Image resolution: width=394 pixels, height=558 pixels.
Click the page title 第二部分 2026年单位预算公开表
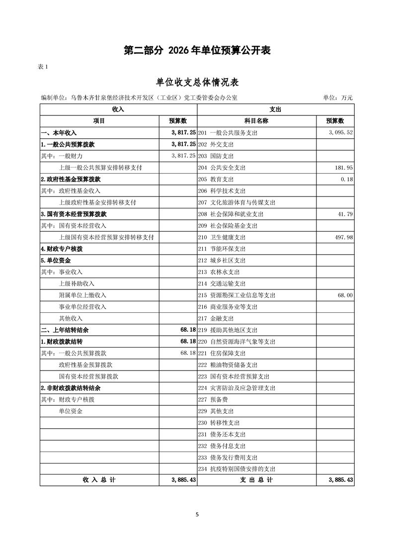[197, 50]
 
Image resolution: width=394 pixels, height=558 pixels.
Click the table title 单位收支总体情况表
[197, 82]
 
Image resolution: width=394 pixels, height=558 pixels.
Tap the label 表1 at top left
[43, 67]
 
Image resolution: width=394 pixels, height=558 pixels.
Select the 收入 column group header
[118, 109]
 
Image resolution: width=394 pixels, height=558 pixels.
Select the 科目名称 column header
[256, 121]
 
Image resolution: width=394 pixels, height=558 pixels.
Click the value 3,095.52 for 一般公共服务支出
[341, 133]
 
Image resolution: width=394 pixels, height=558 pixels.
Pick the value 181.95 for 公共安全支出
[344, 168]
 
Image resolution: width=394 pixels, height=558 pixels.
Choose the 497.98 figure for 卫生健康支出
[344, 237]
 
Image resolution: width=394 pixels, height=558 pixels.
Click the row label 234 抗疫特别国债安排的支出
[236, 468]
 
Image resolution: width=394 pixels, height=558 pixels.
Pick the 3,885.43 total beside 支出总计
[340, 480]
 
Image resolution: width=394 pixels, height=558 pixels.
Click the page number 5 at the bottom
[197, 515]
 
